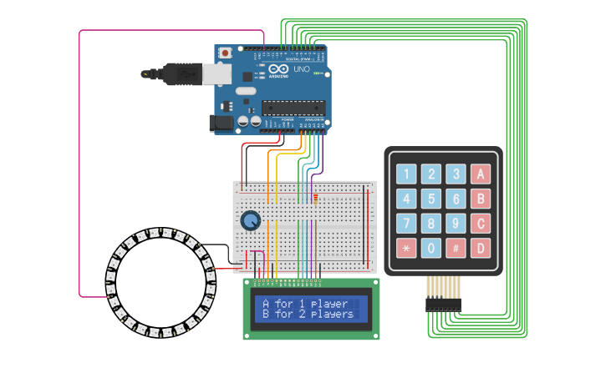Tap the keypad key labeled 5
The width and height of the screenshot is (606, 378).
430,199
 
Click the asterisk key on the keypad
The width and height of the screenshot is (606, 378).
406,249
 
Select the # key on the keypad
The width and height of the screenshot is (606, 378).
456,249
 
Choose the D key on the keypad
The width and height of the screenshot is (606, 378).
480,249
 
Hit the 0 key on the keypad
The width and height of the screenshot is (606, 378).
430,249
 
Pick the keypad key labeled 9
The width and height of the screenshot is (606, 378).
456,224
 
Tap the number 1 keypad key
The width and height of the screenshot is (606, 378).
406,174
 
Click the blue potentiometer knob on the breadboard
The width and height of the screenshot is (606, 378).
250,221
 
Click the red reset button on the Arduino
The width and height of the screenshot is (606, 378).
225,53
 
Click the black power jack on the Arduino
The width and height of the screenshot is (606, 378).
220,123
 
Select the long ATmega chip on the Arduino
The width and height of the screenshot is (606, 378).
293,107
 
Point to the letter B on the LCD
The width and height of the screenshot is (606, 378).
266,315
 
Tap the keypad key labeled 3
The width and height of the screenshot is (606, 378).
456,174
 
